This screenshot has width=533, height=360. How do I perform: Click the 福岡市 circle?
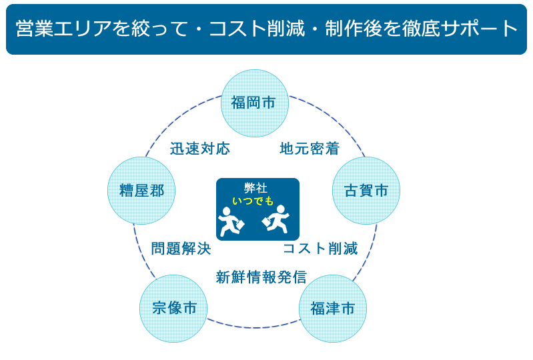point(255,103)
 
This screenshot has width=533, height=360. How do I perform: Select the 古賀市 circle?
point(366,191)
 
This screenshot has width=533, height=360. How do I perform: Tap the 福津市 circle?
point(333,309)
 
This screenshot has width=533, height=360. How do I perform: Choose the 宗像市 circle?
point(173,309)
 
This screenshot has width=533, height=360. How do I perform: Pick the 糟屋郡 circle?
point(141,191)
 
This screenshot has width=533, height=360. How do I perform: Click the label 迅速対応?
point(200,149)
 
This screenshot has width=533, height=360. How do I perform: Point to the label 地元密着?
point(310,149)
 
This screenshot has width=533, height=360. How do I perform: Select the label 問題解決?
point(181,248)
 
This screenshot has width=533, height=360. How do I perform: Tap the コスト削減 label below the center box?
point(321,248)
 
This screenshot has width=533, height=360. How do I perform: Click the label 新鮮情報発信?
point(261,277)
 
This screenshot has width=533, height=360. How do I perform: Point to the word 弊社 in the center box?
point(255,188)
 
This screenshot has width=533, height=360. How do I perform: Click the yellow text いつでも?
point(253,201)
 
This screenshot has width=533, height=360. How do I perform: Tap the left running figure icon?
point(231,221)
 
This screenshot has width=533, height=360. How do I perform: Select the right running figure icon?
point(276,219)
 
